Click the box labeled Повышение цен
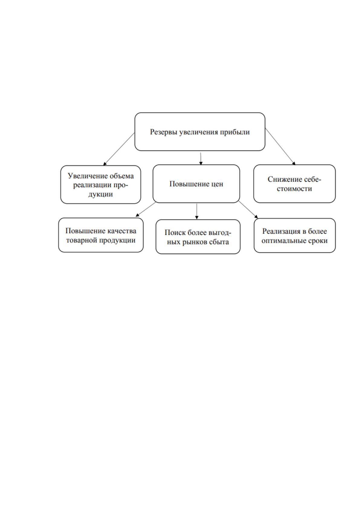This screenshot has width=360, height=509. tap(196, 184)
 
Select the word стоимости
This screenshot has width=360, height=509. tap(294, 189)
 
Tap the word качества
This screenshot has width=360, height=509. tap(122, 231)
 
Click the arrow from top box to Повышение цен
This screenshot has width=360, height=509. tap(201, 159)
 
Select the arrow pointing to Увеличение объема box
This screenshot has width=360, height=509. tap(119, 149)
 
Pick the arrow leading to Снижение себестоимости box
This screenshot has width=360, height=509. tap(280, 146)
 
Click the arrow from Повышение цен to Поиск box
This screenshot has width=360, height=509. tap(197, 211)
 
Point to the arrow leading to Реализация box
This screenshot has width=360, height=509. tap(248, 209)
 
